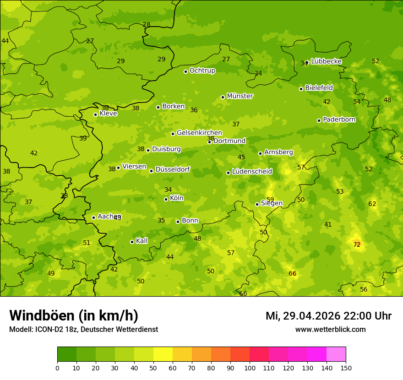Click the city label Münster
click(x=240, y=96)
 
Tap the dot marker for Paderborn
click(x=319, y=120)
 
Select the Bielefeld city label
click(x=319, y=87)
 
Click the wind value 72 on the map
click(x=357, y=245)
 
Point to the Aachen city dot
click(x=93, y=217)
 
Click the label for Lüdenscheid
click(x=252, y=172)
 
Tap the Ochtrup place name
click(x=202, y=71)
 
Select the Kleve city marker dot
click(x=95, y=114)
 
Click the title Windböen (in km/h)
click(x=74, y=315)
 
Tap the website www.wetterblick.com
click(x=330, y=329)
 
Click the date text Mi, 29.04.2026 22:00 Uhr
click(x=328, y=316)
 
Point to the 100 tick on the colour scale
click(x=250, y=368)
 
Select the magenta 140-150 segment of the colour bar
click(x=336, y=354)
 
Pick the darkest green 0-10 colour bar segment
click(x=67, y=354)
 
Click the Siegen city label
click(x=272, y=203)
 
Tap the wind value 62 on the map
click(x=372, y=204)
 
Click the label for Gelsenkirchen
click(x=199, y=133)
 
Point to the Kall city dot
click(x=132, y=242)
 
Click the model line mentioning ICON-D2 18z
click(x=83, y=329)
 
